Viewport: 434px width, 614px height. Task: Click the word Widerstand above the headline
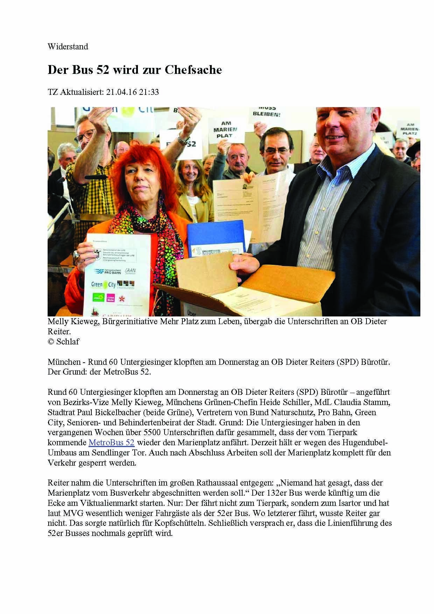tap(68, 47)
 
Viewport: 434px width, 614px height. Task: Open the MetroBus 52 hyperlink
tap(111, 442)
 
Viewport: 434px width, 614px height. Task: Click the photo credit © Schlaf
tap(63, 342)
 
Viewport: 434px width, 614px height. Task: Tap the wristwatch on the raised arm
tap(183, 140)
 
